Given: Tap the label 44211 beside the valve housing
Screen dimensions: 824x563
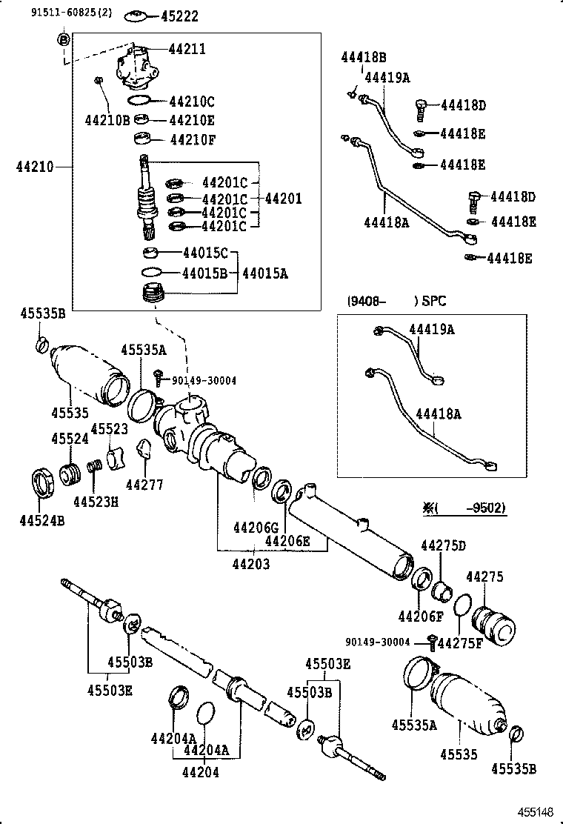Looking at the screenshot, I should [x=187, y=50].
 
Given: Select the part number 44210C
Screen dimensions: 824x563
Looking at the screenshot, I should [x=192, y=102].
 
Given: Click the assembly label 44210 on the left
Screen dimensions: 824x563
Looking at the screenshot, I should [x=34, y=168].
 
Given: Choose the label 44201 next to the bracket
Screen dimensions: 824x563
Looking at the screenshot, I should [x=283, y=198].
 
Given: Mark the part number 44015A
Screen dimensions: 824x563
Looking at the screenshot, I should [x=264, y=273].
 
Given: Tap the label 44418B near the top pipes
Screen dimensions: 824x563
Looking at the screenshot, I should [x=363, y=57].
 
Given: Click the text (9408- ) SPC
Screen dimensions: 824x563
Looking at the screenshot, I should [x=396, y=301].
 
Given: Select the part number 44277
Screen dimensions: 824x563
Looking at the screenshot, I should [x=144, y=485].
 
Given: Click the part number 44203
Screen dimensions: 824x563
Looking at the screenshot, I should [x=250, y=564].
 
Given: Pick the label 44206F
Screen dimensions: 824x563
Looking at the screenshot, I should [x=420, y=615].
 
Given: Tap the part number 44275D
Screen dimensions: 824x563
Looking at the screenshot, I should [x=443, y=546].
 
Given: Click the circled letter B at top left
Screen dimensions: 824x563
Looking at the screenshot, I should [x=64, y=39].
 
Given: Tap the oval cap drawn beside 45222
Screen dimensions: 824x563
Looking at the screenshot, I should [x=136, y=15].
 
